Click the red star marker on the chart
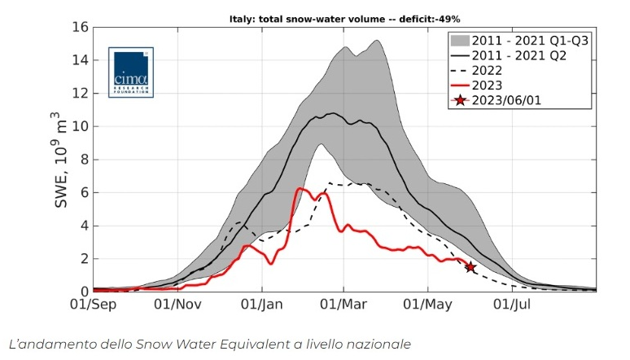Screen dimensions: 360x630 tap(470, 266)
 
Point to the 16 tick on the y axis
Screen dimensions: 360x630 tap(79, 27)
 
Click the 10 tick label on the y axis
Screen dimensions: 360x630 tap(79, 126)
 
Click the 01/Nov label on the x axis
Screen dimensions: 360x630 tap(177, 305)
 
